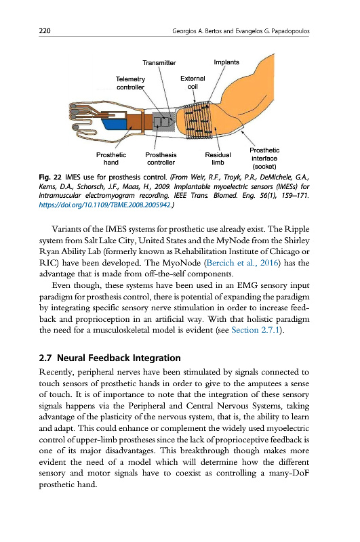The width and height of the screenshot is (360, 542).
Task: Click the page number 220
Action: click(x=45, y=30)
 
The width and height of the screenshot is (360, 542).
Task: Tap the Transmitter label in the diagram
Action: click(x=159, y=62)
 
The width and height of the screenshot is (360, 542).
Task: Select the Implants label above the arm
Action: click(x=226, y=62)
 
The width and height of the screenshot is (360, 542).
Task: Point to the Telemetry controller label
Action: click(x=130, y=83)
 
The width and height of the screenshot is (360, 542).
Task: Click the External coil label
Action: click(x=193, y=82)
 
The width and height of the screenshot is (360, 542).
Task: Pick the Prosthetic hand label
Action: click(x=111, y=159)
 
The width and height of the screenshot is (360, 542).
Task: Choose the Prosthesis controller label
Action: click(x=161, y=159)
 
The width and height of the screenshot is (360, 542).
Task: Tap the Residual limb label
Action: click(x=218, y=159)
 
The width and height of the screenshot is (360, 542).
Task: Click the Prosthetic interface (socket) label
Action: click(x=264, y=159)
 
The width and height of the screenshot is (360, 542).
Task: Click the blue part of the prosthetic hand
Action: click(x=116, y=124)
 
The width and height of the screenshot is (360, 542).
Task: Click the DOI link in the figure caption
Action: click(x=105, y=205)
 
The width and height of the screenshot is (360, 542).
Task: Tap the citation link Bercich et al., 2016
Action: click(x=243, y=263)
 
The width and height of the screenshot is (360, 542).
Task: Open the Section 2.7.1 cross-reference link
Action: click(x=255, y=330)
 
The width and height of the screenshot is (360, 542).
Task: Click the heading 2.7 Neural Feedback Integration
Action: click(x=110, y=358)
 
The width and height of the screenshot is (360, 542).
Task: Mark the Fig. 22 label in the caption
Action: click(x=50, y=178)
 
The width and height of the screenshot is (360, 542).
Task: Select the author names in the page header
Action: click(x=241, y=31)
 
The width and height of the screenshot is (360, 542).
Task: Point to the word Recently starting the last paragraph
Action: click(x=56, y=372)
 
